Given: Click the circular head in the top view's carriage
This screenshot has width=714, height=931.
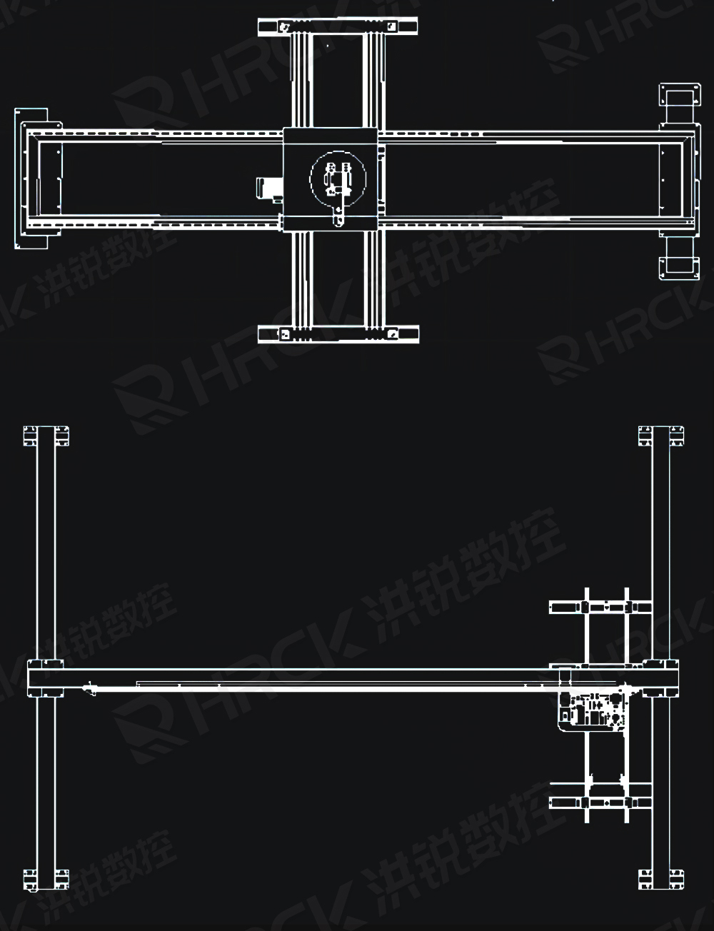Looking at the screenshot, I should pyautogui.click(x=337, y=178).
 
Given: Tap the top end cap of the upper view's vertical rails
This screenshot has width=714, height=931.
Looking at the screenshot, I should pyautogui.click(x=338, y=27).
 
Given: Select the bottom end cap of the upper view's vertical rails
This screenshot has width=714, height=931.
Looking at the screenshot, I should pyautogui.click(x=338, y=333).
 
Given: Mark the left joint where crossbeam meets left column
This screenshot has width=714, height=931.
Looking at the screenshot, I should pyautogui.click(x=46, y=678).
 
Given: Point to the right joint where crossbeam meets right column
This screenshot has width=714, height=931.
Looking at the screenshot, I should pyautogui.click(x=661, y=678).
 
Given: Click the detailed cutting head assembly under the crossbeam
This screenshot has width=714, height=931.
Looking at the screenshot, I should pyautogui.click(x=594, y=710).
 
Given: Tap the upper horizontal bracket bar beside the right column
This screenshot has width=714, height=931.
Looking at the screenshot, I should pyautogui.click(x=600, y=608).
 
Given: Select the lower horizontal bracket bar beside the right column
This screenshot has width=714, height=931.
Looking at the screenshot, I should pyautogui.click(x=600, y=802).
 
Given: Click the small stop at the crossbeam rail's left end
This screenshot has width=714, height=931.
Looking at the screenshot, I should pyautogui.click(x=89, y=689).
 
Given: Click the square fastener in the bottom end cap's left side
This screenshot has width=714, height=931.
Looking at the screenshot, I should pyautogui.click(x=284, y=333).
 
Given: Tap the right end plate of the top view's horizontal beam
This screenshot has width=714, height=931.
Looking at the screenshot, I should pyautogui.click(x=677, y=178).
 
